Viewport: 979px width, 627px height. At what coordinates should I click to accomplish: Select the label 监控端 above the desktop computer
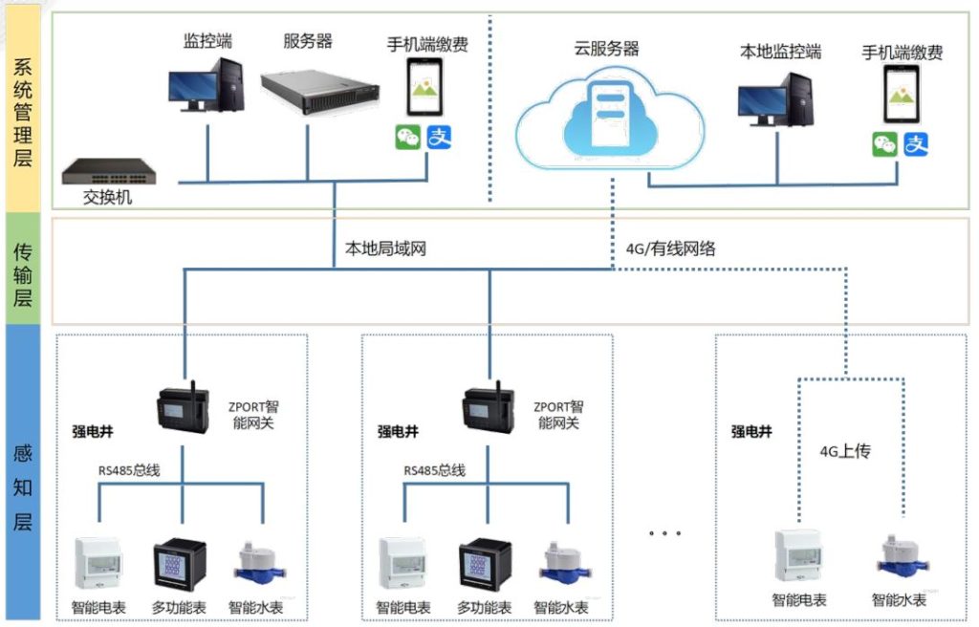pyautogui.click(x=207, y=41)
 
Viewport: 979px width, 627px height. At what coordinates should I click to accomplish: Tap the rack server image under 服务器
pyautogui.click(x=308, y=86)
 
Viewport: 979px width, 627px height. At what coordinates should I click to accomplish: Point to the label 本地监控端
pyautogui.click(x=780, y=52)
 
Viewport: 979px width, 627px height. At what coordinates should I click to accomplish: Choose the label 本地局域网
pyautogui.click(x=384, y=249)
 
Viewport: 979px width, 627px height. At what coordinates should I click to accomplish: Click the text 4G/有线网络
pyautogui.click(x=670, y=249)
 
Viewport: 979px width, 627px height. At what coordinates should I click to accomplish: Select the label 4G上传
pyautogui.click(x=845, y=450)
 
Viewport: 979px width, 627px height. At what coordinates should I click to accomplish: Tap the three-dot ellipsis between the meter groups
pyautogui.click(x=664, y=532)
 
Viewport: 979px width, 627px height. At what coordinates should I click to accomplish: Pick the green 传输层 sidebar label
pyautogui.click(x=23, y=270)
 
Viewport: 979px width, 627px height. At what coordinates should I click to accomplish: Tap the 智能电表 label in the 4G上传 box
pyautogui.click(x=799, y=600)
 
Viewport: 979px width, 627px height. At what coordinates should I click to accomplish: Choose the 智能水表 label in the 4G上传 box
pyautogui.click(x=899, y=600)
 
